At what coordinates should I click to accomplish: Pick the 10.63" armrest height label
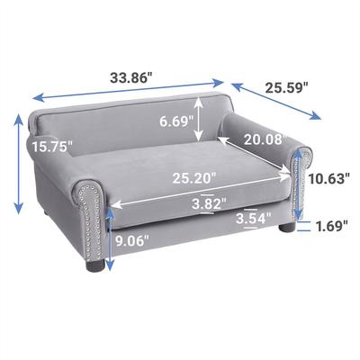coord(328,178)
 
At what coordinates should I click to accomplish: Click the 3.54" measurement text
coord(252,218)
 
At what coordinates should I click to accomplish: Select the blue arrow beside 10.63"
coord(298,180)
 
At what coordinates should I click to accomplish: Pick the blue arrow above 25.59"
coord(277,102)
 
